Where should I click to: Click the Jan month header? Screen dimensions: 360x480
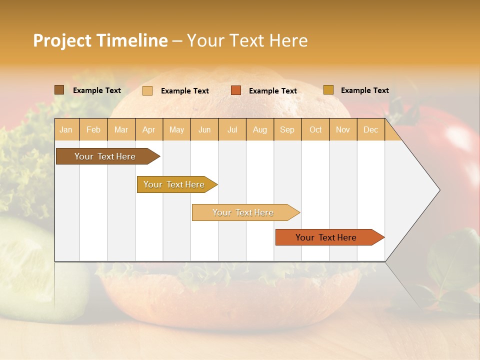[x=66, y=129]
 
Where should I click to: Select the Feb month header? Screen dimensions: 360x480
[x=93, y=129]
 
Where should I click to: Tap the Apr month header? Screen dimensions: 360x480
[x=148, y=129]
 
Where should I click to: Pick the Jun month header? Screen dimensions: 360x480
[x=204, y=129]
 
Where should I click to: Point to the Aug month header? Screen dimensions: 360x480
[x=259, y=129]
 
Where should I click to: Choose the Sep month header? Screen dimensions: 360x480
[x=287, y=129]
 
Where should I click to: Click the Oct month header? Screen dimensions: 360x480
[x=315, y=129]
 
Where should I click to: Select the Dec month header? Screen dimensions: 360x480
[x=370, y=129]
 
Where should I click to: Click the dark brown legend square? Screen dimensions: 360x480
[x=59, y=90]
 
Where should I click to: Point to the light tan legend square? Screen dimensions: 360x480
[x=147, y=90]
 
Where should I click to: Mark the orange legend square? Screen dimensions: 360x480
[x=236, y=90]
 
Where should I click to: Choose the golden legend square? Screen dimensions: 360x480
[x=328, y=90]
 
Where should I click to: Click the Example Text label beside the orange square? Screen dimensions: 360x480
[x=272, y=90]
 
